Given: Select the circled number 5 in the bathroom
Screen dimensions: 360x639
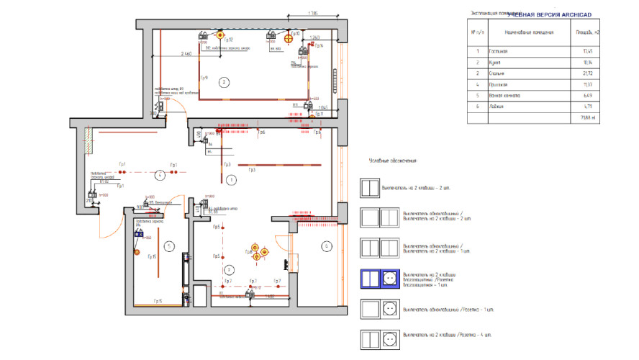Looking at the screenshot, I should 167,246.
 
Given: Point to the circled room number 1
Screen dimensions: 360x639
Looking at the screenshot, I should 231,179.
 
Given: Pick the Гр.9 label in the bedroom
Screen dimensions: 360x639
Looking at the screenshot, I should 204,78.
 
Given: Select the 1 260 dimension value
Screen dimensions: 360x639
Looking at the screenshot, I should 314,37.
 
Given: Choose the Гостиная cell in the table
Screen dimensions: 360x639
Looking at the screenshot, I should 498,52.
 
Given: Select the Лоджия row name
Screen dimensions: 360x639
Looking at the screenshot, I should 497,107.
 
